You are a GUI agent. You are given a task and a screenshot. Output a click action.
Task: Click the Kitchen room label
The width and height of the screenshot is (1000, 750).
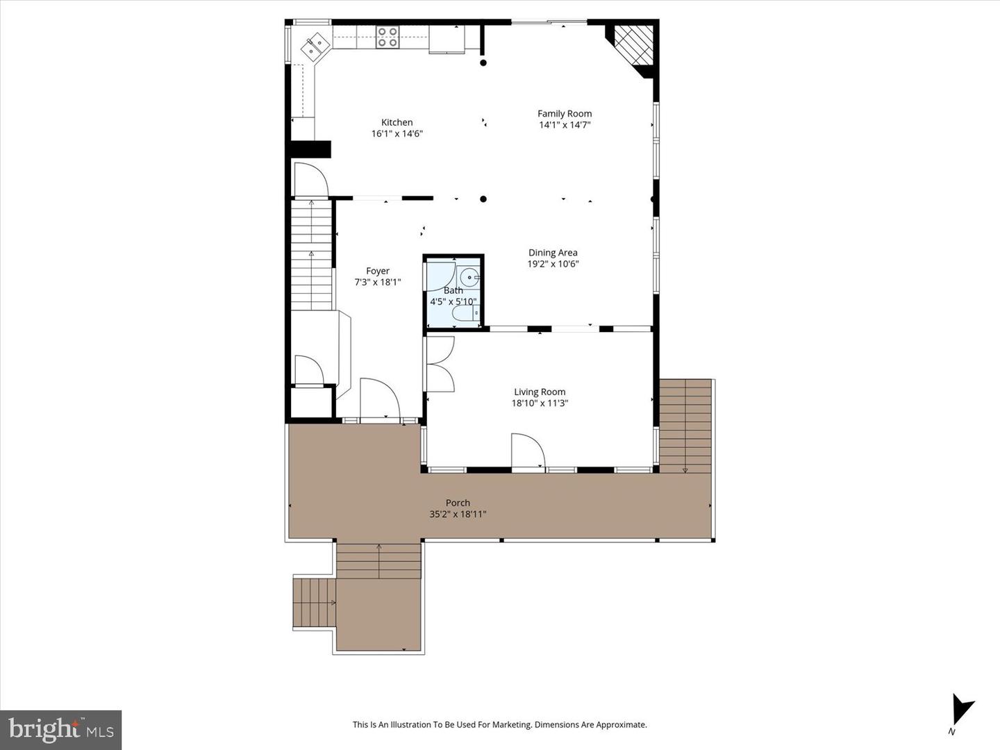pyautogui.click(x=397, y=122)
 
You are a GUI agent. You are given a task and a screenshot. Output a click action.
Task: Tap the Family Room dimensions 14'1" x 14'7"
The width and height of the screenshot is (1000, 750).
pyautogui.click(x=565, y=125)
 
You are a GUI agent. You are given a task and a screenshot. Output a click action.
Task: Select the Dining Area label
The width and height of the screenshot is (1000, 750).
pyautogui.click(x=553, y=253)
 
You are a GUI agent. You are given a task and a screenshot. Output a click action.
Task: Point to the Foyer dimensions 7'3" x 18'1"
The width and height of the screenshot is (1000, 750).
pyautogui.click(x=378, y=282)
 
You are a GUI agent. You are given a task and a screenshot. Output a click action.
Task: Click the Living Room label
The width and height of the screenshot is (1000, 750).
pyautogui.click(x=540, y=392)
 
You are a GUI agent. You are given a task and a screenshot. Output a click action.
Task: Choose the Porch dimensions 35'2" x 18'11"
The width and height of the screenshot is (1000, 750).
pyautogui.click(x=458, y=515)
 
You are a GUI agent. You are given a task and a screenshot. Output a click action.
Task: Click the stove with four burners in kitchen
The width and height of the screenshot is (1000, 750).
pyautogui.click(x=387, y=37)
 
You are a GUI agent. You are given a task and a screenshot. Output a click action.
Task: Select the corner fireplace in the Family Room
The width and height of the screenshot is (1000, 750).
pyautogui.click(x=633, y=47)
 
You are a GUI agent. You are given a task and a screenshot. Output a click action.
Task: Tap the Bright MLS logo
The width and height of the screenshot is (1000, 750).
pyautogui.click(x=61, y=729)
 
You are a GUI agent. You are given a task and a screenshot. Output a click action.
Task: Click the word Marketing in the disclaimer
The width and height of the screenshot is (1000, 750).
pyautogui.click(x=510, y=724)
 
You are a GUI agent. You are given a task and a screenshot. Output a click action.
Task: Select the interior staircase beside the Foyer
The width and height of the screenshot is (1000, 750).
pyautogui.click(x=311, y=255)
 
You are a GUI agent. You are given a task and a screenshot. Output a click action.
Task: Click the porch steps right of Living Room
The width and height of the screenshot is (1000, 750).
pyautogui.click(x=685, y=426)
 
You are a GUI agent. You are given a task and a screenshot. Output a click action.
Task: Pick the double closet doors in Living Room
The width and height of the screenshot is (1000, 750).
pyautogui.click(x=440, y=364)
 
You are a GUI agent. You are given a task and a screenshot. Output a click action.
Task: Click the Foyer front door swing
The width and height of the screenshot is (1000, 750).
pyautogui.click(x=379, y=399)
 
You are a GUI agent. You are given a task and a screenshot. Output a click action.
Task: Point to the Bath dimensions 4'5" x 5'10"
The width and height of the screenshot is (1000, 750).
pyautogui.click(x=453, y=301)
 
